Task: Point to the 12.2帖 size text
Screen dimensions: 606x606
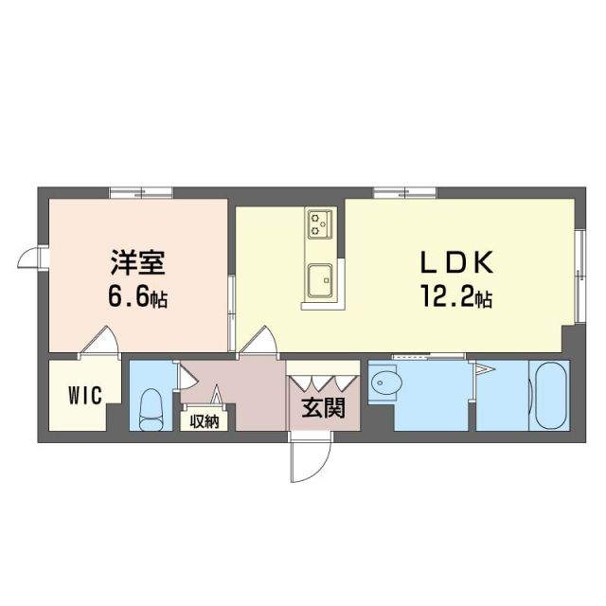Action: pyautogui.click(x=456, y=298)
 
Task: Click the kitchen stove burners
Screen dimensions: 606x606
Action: pyautogui.click(x=319, y=223)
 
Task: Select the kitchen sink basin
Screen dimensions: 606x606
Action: pyautogui.click(x=319, y=279)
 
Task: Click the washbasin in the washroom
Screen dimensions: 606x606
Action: pyautogui.click(x=387, y=383)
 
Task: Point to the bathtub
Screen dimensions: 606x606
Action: pyautogui.click(x=548, y=396)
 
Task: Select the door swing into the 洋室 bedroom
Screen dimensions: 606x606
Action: pyautogui.click(x=101, y=341)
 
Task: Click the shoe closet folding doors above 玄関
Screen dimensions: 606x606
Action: pyautogui.click(x=323, y=383)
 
